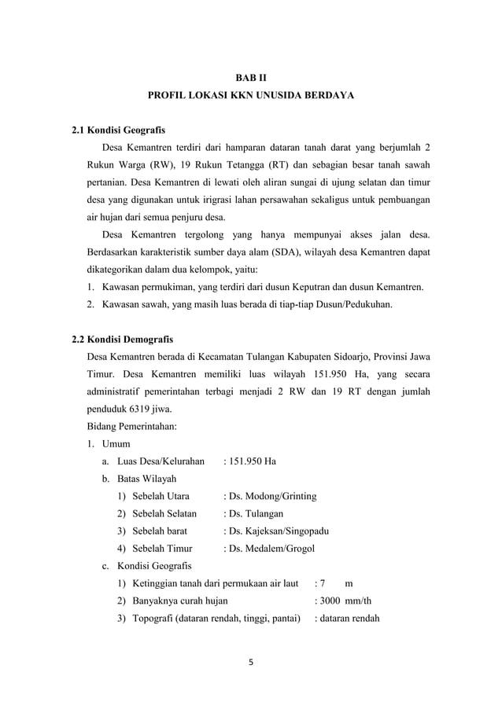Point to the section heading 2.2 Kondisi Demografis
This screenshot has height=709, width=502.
click(x=122, y=340)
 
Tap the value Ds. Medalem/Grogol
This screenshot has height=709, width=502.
click(x=271, y=548)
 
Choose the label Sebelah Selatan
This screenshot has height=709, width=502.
click(x=164, y=513)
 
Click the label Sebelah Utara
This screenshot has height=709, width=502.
click(x=160, y=496)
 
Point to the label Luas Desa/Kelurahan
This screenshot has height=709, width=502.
click(x=161, y=461)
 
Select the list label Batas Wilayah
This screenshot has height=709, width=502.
click(x=146, y=479)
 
